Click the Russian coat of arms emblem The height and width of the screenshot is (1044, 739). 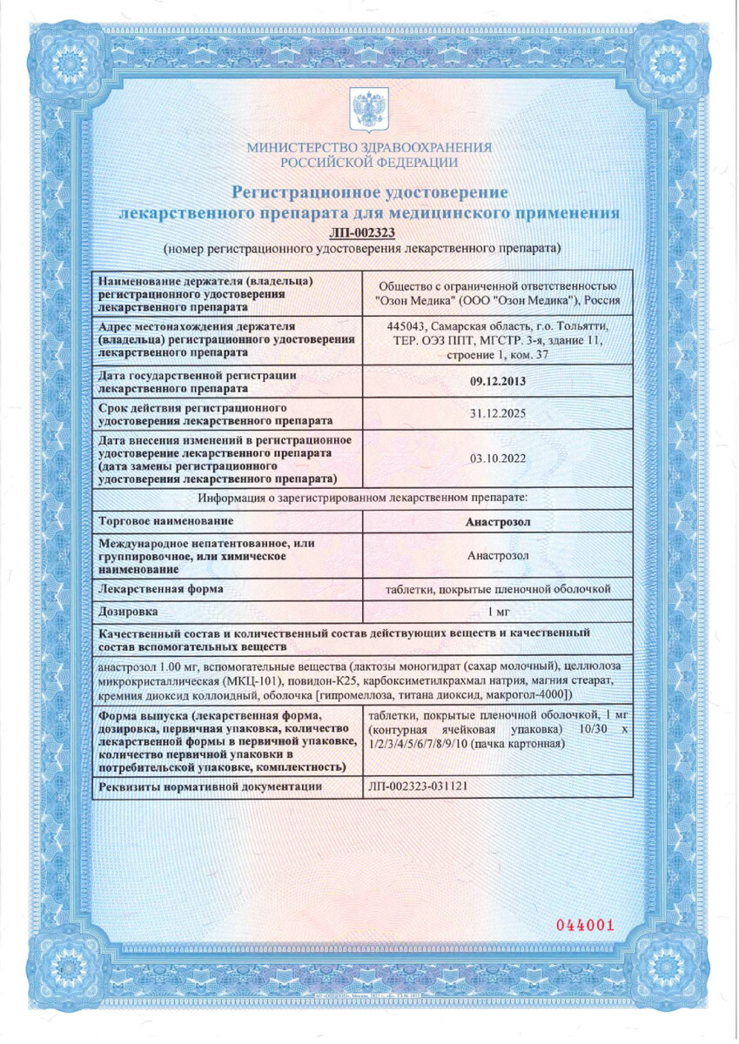point(369,112)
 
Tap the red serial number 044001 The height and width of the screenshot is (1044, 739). point(586,925)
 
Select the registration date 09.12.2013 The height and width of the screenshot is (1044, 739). point(497,381)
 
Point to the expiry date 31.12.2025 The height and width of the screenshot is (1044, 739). point(497,415)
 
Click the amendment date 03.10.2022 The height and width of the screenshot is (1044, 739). point(497,460)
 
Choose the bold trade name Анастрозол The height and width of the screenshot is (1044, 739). point(497,521)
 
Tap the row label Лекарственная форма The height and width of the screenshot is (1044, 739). point(162,589)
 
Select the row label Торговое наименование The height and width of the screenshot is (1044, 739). point(167,521)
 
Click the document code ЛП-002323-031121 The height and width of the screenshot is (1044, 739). point(419,786)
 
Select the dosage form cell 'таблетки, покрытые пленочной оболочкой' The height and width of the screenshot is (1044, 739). point(497,589)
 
